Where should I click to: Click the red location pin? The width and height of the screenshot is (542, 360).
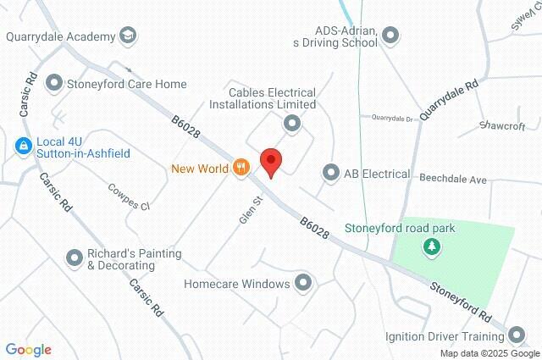[270, 161]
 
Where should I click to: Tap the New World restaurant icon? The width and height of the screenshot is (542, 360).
[241, 168]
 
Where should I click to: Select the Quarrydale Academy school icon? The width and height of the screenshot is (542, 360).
[128, 36]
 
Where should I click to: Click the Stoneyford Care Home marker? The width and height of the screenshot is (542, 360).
[54, 84]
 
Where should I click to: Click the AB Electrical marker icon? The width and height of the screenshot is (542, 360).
[330, 174]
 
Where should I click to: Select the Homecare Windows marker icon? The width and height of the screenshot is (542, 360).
[303, 284]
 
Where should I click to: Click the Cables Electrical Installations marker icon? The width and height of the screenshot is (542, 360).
[292, 125]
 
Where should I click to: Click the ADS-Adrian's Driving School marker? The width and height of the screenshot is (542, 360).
[390, 36]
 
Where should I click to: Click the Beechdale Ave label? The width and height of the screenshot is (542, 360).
[455, 180]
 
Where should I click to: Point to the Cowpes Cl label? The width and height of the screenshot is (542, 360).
[128, 198]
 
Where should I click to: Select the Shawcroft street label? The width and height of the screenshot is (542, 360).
[502, 125]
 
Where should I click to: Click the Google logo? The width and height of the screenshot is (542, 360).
[29, 350]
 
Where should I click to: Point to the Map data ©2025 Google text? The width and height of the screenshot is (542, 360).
[489, 353]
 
